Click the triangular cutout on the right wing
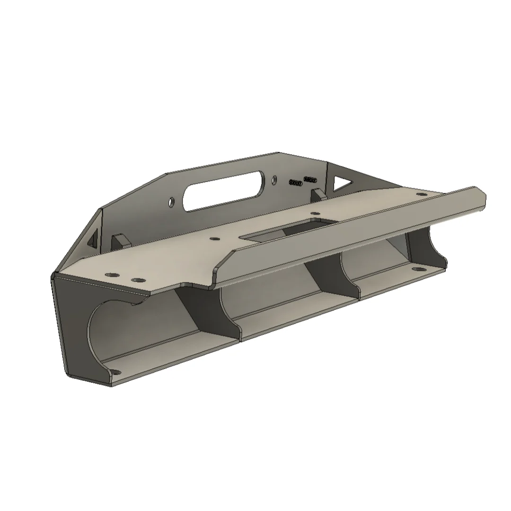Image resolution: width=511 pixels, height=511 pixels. coord(343,181)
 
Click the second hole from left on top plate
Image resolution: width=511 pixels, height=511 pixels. coord(137,281)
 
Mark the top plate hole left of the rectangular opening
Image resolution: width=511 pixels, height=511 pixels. coord(214,240)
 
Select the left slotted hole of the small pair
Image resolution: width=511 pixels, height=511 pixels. coord(295,182)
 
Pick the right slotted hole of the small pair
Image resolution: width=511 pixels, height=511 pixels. coord(310,179)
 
